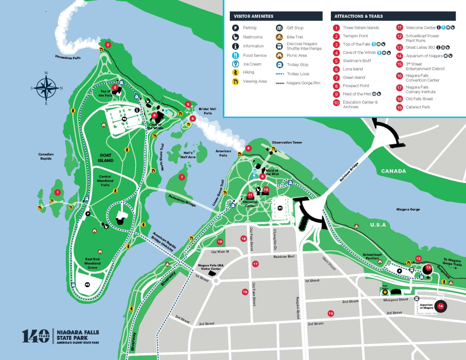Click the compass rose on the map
tap(46, 86)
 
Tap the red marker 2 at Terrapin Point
tap(108, 45)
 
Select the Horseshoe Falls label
tap(67, 58)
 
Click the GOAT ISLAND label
tap(106, 158)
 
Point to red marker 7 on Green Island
tap(182, 177)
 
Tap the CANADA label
tap(394, 171)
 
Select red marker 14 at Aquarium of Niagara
tap(441, 306)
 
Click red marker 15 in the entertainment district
tap(331, 313)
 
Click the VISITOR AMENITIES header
tap(253, 16)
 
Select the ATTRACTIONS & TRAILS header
tap(359, 16)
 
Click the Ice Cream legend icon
tap(236, 64)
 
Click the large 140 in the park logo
tap(35, 336)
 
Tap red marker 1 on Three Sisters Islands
tap(57, 193)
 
